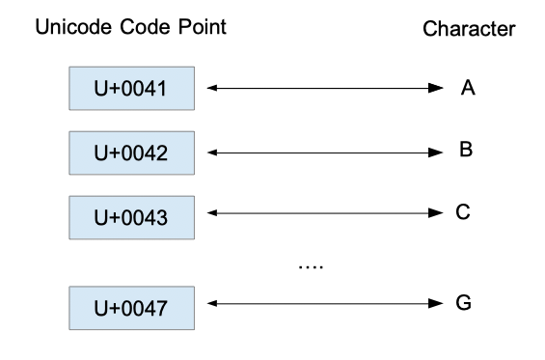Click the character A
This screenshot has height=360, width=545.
tap(469, 88)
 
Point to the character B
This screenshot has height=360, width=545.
tap(466, 151)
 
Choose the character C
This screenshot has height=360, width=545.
tap(464, 212)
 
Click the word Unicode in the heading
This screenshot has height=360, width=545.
tap(69, 28)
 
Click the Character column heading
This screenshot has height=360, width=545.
tap(469, 31)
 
